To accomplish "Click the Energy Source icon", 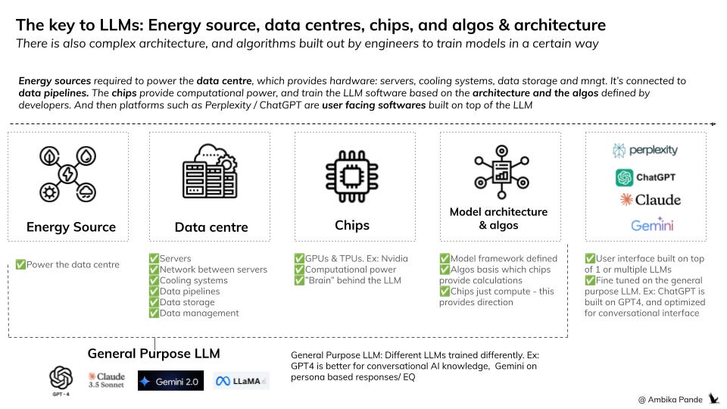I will [x=68, y=174].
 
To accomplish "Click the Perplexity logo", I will [x=645, y=150].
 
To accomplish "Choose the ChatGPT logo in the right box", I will [x=645, y=176].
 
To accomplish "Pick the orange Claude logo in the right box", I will [x=650, y=200].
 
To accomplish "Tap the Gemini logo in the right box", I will [x=652, y=225].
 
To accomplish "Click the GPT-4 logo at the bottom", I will [x=61, y=378].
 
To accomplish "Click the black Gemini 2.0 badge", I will [x=170, y=380].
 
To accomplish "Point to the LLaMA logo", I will [x=242, y=380].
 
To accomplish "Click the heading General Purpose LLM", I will [x=154, y=353].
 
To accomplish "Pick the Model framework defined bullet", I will [x=500, y=259].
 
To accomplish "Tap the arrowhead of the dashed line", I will [x=713, y=123].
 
